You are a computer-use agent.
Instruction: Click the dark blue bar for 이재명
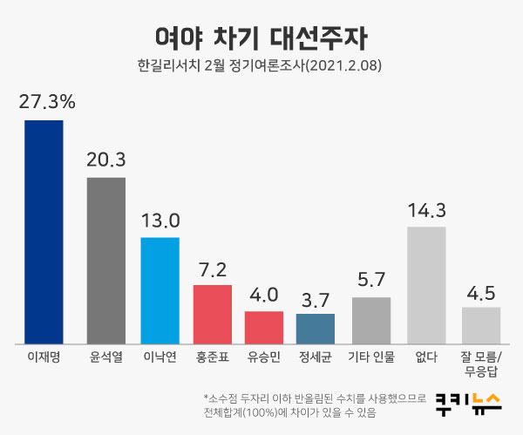tap(44, 231)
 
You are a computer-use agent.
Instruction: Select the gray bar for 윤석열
tap(106, 260)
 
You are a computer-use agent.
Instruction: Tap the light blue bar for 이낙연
tap(160, 289)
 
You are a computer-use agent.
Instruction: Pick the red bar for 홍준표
tap(212, 313)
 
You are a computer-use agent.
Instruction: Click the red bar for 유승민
tap(263, 326)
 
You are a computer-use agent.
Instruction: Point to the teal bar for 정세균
tap(316, 328)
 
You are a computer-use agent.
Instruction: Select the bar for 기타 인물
tap(371, 319)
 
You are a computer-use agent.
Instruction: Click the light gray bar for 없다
tap(426, 284)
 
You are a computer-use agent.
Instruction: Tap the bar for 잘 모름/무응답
tap(480, 324)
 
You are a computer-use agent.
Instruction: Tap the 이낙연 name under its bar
tap(160, 357)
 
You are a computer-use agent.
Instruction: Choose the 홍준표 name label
tap(212, 357)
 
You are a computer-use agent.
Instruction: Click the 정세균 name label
tap(316, 357)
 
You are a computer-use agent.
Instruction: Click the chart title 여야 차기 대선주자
tap(261, 37)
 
